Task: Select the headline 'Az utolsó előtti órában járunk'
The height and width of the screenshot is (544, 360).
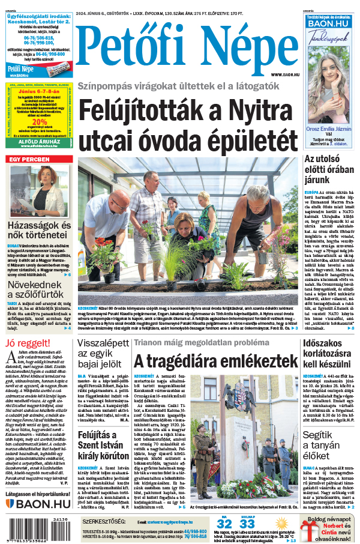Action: (327, 169)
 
